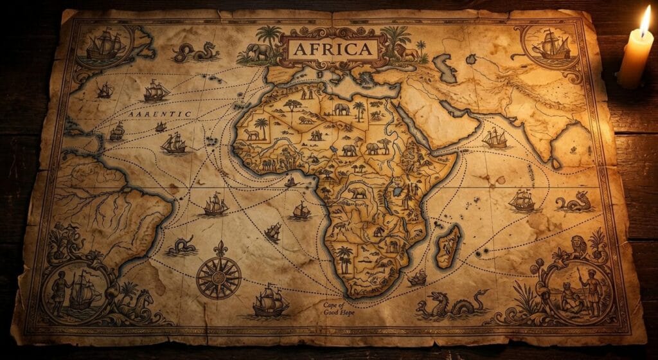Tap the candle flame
pos(645,22)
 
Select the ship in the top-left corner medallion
pos(103,45)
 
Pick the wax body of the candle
pos(634,61)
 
